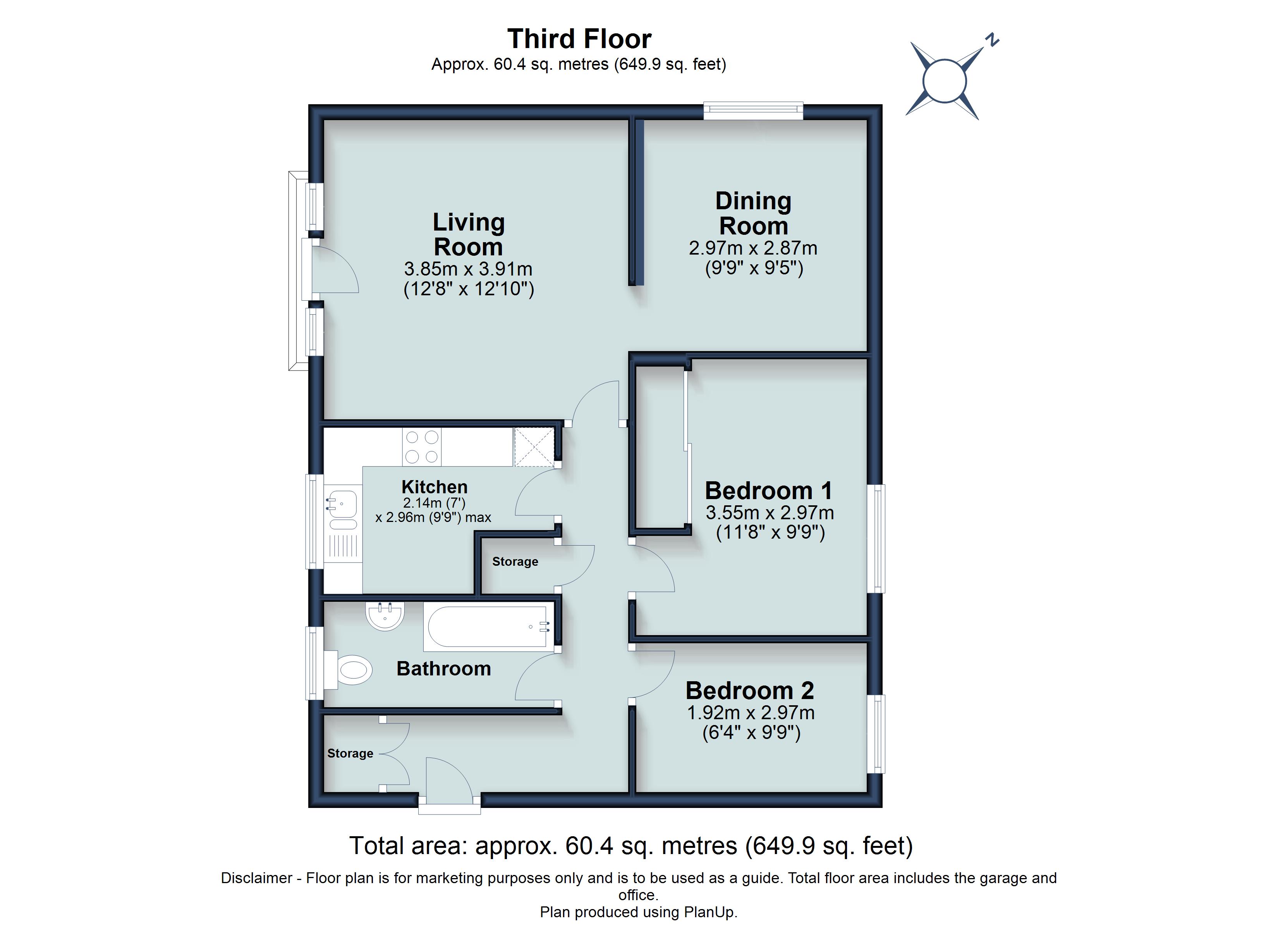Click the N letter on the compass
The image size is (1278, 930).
tap(992, 40)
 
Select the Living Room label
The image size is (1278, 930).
tap(468, 234)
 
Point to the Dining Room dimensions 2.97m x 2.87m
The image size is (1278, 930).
tap(753, 248)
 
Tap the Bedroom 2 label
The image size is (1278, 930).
tap(749, 690)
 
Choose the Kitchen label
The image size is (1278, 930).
tap(435, 487)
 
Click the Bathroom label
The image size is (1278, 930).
tap(443, 668)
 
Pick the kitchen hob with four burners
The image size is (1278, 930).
tap(421, 447)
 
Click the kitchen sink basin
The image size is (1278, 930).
tap(342, 504)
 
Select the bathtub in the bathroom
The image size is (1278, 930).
tap(489, 627)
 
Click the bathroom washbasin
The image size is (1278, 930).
tap(385, 616)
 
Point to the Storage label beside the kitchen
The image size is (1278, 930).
tap(515, 562)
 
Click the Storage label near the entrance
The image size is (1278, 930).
tap(350, 753)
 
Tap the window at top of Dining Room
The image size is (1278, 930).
tap(753, 110)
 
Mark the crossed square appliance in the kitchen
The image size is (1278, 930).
tap(534, 447)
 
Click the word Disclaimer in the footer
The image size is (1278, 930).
tap(256, 878)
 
